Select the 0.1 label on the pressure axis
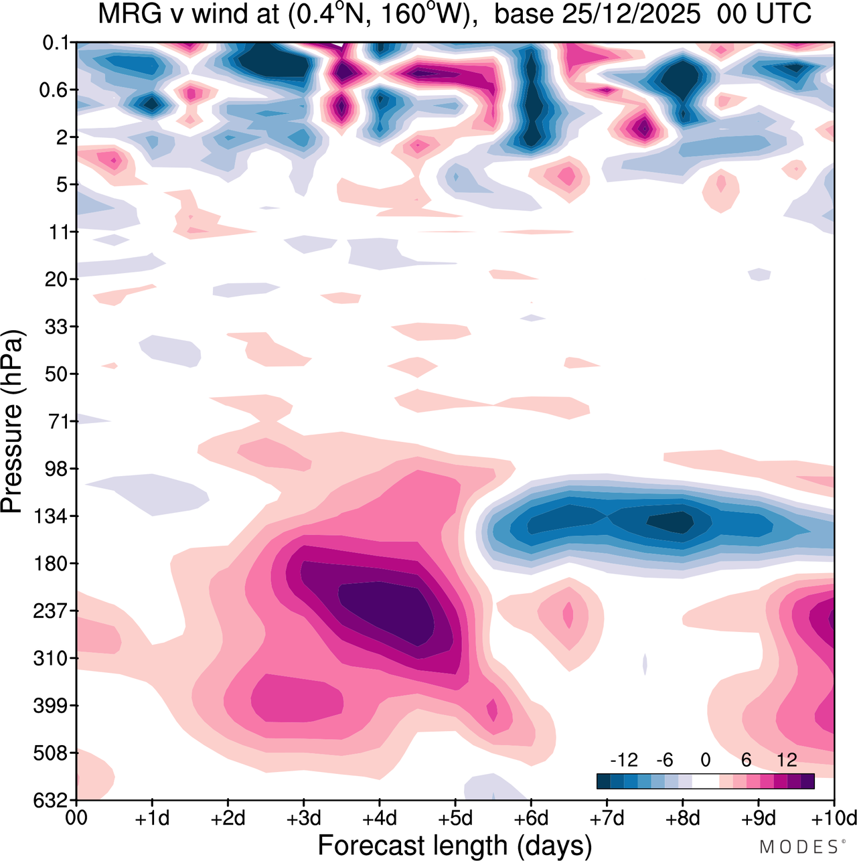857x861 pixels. tap(56, 43)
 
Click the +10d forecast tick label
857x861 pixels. tap(834, 818)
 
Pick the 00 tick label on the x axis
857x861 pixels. tap(77, 818)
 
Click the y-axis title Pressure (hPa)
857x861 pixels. tap(12, 422)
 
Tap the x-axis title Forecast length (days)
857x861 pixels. tap(455, 846)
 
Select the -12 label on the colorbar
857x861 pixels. tap(623, 760)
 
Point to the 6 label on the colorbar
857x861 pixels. tap(746, 760)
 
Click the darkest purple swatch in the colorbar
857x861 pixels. tap(807, 781)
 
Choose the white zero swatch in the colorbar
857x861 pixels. tap(706, 781)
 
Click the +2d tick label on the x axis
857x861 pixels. tap(228, 818)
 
